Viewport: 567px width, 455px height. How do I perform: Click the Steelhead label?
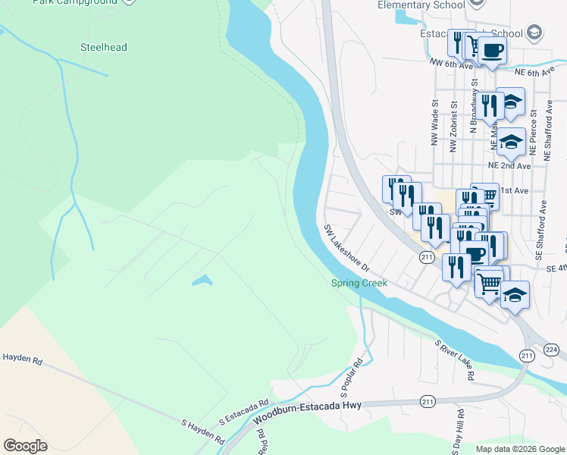coord(104,47)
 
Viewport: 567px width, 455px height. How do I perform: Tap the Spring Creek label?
coord(359,283)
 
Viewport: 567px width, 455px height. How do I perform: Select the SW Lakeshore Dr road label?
coord(346,248)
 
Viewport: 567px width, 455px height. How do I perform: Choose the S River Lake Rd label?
coord(455,360)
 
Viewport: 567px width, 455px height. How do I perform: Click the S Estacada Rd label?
coord(244,413)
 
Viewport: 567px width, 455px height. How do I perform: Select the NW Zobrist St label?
coord(453,127)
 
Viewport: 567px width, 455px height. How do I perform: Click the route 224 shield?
coord(551,349)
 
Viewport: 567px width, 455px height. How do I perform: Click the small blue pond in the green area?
coord(202,281)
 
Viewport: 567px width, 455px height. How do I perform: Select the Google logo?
coord(25,446)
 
